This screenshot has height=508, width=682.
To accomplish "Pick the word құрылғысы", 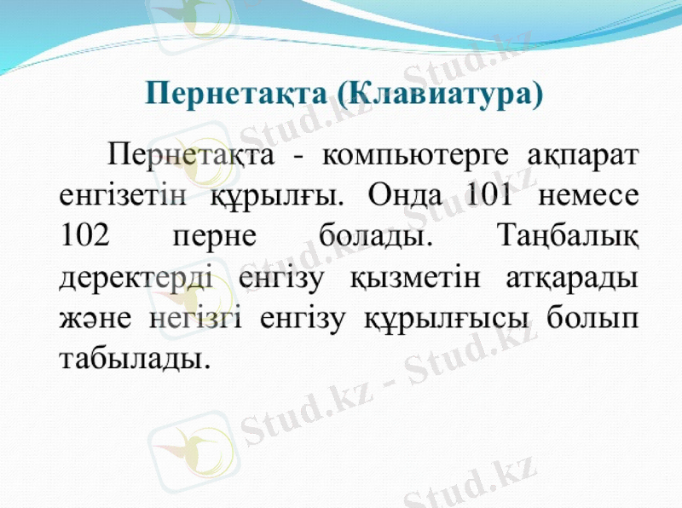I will pos(445,317).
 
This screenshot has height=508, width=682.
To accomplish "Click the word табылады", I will pos(135,356).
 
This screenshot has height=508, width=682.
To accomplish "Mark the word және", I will pos(95,317).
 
